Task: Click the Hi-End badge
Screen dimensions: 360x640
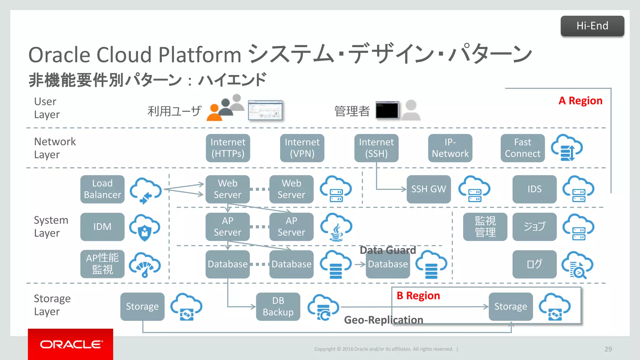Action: (x=592, y=26)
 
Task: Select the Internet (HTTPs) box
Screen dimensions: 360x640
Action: (x=228, y=148)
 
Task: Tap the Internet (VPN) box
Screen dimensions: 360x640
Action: (x=302, y=148)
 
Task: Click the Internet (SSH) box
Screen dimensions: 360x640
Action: (x=376, y=148)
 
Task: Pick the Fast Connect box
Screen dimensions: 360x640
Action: (x=522, y=148)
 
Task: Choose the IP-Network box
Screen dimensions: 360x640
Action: (x=450, y=148)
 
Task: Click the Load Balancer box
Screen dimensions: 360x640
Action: (x=102, y=189)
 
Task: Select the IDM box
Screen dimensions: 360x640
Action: (x=102, y=227)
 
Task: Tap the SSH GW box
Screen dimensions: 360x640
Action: (x=428, y=189)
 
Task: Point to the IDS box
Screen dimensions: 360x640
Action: (x=534, y=189)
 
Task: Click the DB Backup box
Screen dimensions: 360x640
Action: (x=278, y=306)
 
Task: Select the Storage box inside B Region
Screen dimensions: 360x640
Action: (x=510, y=306)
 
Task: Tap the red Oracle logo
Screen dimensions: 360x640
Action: (x=70, y=344)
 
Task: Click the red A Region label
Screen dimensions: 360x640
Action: (x=580, y=101)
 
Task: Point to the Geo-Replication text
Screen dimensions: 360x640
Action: (x=383, y=320)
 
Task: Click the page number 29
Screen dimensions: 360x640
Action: (x=608, y=349)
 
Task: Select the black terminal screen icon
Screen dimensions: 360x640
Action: (x=387, y=110)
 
